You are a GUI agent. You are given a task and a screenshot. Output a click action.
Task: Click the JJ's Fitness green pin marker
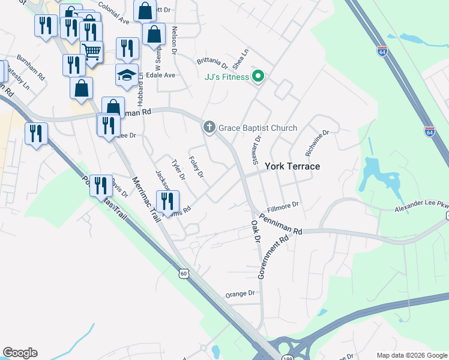point(259,76)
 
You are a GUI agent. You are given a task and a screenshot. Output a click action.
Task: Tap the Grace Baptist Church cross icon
point(209,127)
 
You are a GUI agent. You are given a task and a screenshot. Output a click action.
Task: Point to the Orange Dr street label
point(240,294)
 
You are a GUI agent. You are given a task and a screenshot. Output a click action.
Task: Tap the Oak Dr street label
point(256,230)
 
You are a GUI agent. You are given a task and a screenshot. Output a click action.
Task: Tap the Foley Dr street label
point(196,166)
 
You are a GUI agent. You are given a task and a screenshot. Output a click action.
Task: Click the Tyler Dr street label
point(178,170)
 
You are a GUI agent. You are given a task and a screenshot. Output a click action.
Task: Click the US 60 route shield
point(183,274)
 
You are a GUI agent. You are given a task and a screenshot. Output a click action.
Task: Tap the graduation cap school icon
point(127,75)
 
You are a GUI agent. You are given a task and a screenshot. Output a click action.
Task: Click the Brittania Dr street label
point(212,63)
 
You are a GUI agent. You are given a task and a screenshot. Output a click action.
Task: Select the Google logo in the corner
point(20,353)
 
